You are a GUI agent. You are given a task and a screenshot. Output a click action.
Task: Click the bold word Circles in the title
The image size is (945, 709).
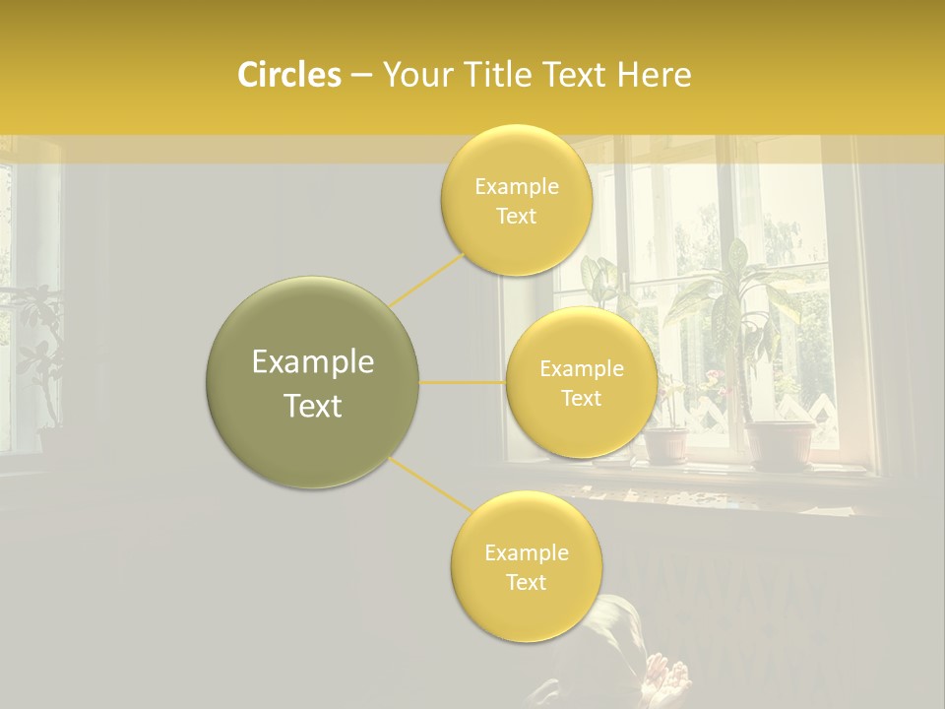pyautogui.click(x=288, y=75)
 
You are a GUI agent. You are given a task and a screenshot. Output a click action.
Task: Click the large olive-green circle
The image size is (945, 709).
pyautogui.click(x=312, y=382)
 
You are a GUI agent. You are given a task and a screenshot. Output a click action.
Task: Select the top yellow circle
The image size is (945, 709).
pyautogui.click(x=516, y=200)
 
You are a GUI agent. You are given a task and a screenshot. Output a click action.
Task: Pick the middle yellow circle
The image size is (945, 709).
pyautogui.click(x=581, y=382)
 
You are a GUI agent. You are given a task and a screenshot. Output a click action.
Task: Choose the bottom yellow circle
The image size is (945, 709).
pyautogui.click(x=526, y=567)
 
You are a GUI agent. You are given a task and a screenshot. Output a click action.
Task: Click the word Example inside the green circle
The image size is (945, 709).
pyautogui.click(x=312, y=362)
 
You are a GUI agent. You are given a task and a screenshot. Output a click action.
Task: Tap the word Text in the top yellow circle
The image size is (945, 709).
pyautogui.click(x=516, y=216)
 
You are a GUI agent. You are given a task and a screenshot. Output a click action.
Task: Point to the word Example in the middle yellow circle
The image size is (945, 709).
pyautogui.click(x=581, y=368)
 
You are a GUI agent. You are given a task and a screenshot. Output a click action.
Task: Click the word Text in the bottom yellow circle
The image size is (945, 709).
pyautogui.click(x=526, y=582)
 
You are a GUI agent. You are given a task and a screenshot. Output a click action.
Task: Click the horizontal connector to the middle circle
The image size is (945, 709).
pyautogui.click(x=462, y=382)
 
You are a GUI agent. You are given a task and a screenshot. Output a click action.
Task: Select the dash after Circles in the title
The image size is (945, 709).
pyautogui.click(x=360, y=76)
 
